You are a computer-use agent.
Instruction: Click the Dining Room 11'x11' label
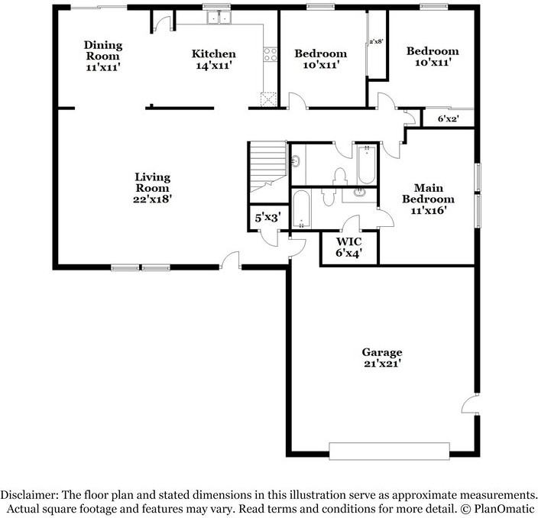tap(103, 56)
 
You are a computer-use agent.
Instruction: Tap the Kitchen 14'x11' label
tap(214, 59)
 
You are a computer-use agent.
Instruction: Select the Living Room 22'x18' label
tap(152, 188)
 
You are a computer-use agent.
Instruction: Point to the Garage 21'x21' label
tap(382, 358)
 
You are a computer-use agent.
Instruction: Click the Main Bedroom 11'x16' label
tap(428, 199)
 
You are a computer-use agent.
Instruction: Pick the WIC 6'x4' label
tap(349, 247)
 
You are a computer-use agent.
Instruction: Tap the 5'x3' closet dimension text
tap(268, 218)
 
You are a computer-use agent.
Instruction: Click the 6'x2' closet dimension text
tap(449, 119)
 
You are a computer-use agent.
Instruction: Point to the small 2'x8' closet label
tap(376, 41)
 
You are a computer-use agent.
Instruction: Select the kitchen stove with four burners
tap(270, 54)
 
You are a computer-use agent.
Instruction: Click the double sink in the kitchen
tap(219, 17)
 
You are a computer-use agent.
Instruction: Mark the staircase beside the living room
tap(267, 172)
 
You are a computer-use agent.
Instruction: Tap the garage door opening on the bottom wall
tap(389, 451)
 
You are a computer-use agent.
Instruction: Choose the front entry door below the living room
tap(230, 261)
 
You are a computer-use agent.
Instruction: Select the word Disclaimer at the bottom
tap(29, 495)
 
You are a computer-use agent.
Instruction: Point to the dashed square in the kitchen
tap(268, 99)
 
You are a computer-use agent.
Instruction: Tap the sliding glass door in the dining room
tap(98, 7)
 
